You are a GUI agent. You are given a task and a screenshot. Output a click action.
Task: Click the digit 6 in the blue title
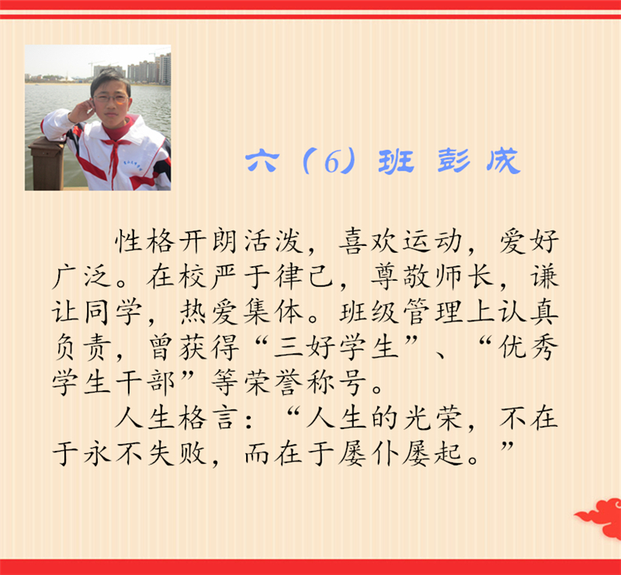[332, 162]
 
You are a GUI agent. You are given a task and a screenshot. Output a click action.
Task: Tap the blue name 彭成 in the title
[479, 161]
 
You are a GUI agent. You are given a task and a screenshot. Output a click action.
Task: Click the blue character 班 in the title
[396, 161]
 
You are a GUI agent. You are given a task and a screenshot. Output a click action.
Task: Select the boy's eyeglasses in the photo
[111, 99]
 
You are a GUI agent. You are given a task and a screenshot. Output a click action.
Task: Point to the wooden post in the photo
[47, 163]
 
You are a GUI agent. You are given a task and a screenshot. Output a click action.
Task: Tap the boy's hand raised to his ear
[82, 111]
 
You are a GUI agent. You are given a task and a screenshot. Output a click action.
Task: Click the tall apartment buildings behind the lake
[149, 70]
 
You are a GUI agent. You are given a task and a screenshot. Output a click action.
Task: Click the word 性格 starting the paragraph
[145, 241]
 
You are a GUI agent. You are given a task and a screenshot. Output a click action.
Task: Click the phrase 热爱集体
[241, 312]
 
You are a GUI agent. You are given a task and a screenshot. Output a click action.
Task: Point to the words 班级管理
[400, 312]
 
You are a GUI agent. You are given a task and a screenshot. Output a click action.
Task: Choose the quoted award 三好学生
[336, 348]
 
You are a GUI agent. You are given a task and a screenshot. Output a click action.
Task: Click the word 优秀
[528, 348]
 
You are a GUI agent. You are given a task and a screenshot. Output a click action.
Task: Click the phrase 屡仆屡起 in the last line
[400, 454]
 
